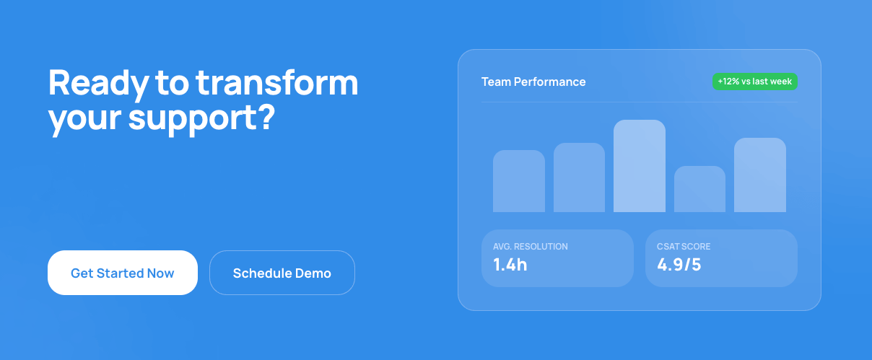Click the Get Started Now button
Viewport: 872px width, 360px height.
pyautogui.click(x=123, y=273)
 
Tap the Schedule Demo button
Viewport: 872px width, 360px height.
pyautogui.click(x=282, y=273)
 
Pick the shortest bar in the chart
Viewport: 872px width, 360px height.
pyautogui.click(x=699, y=189)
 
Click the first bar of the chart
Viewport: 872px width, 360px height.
pyautogui.click(x=519, y=181)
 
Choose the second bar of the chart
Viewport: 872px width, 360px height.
pyautogui.click(x=579, y=177)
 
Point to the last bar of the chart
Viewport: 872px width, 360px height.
pyautogui.click(x=760, y=175)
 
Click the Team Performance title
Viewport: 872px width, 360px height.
pyautogui.click(x=533, y=82)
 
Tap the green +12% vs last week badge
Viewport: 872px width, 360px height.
pyautogui.click(x=755, y=82)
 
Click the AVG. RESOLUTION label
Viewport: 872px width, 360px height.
pyautogui.click(x=531, y=247)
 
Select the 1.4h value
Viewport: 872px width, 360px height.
pyautogui.click(x=510, y=265)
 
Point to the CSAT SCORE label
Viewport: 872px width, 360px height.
pyautogui.click(x=684, y=247)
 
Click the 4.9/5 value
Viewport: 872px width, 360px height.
pyautogui.click(x=679, y=265)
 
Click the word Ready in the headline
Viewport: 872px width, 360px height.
pyautogui.click(x=97, y=84)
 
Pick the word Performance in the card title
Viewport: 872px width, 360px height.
pyautogui.click(x=550, y=82)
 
